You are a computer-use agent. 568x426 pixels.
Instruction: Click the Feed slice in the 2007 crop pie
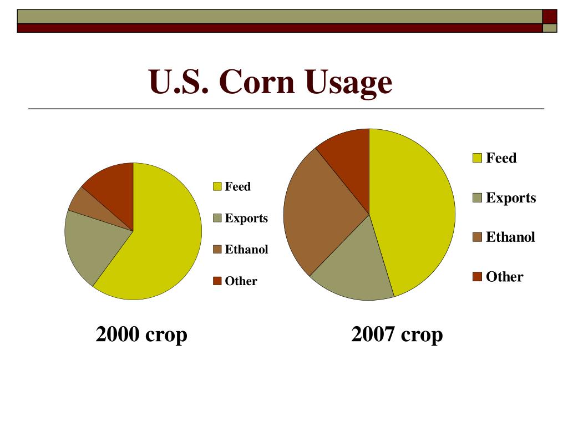point(416,216)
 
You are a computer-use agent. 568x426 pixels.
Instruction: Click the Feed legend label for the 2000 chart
point(237,186)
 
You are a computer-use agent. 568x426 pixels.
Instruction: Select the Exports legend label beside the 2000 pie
point(246,218)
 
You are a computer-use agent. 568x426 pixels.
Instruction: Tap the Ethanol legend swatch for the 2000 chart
point(217,250)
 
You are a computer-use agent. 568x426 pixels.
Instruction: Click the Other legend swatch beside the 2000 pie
point(217,281)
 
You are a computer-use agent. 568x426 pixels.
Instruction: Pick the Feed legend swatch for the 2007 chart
point(477,158)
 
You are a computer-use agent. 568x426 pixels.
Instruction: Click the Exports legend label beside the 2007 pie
point(511,197)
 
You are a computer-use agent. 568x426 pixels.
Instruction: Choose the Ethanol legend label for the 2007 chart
point(510,237)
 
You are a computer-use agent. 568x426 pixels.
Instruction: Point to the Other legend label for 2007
point(504,277)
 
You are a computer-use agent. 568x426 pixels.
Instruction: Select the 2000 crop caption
point(141,334)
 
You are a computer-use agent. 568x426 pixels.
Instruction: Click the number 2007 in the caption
point(373,334)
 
